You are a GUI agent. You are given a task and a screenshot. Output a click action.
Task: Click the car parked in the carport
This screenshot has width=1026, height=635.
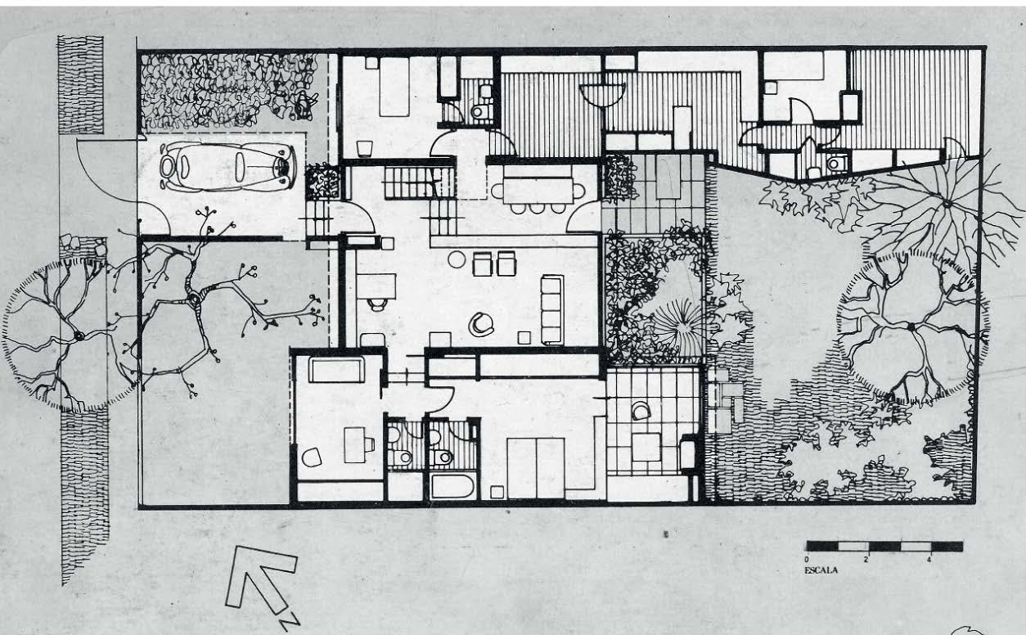coord(227,167)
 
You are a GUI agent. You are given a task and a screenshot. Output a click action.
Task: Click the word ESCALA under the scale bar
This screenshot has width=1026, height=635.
coord(821,570)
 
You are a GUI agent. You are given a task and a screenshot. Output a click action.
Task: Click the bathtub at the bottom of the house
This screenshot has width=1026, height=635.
coord(452,486)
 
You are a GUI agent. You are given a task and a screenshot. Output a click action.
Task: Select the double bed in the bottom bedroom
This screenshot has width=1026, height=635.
coord(536,466)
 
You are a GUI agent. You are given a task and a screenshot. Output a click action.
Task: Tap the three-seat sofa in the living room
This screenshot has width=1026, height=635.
coord(552,308)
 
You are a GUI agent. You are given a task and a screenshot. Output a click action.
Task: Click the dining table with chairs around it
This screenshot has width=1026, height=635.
coord(538,191)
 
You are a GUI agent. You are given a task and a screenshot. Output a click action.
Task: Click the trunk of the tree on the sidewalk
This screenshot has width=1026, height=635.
coord(79,336)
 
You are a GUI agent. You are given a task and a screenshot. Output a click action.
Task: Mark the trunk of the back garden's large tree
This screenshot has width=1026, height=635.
coord(911,327)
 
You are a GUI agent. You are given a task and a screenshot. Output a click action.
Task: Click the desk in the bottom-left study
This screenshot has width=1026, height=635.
coord(355,444)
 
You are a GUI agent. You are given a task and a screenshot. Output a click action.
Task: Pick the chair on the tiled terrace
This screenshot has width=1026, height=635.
coord(641,411)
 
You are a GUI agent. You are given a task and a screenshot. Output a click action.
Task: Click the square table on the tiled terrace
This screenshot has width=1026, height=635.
coord(646,447)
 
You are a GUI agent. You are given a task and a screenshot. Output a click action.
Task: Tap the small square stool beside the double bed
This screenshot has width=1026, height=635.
coord(496,491)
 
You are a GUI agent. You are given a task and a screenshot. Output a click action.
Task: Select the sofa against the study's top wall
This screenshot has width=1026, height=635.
coord(335,370)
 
